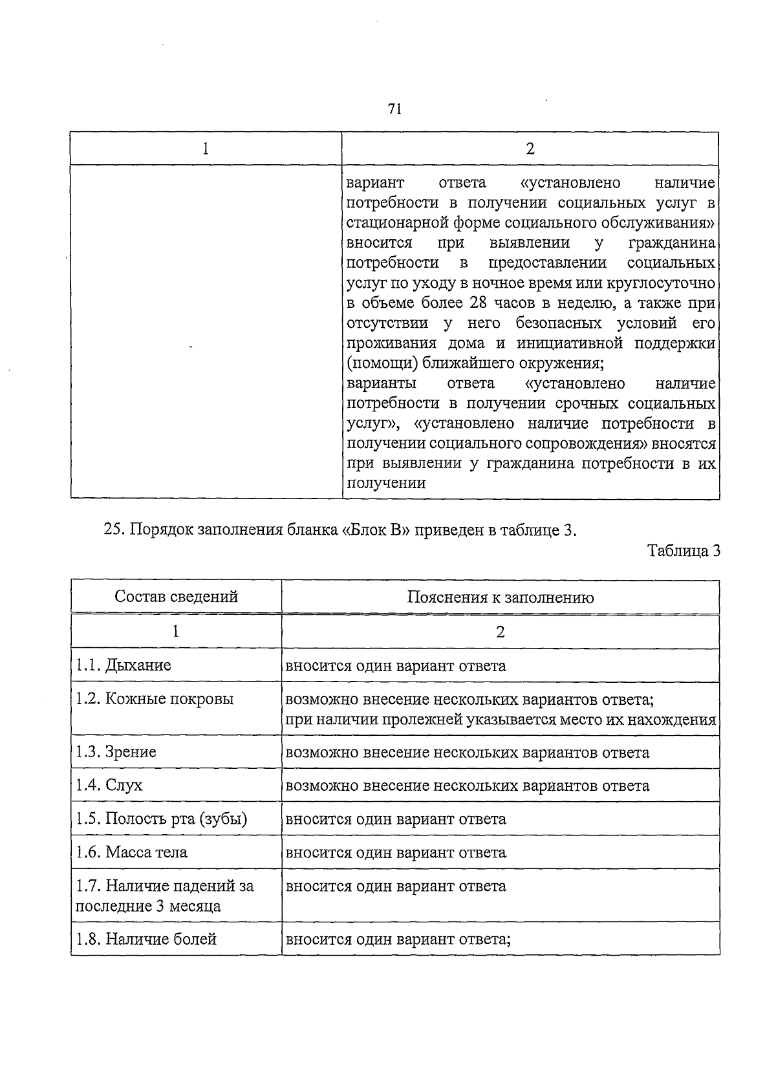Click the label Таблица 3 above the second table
tap(684, 551)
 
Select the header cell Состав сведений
tap(176, 596)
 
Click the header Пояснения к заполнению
tap(501, 597)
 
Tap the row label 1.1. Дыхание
tap(124, 665)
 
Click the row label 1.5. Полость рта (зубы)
tap(161, 819)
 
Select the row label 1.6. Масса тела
tap(131, 852)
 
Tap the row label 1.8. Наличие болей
tap(145, 939)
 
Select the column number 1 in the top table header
tap(206, 149)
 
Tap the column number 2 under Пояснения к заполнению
tap(501, 632)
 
